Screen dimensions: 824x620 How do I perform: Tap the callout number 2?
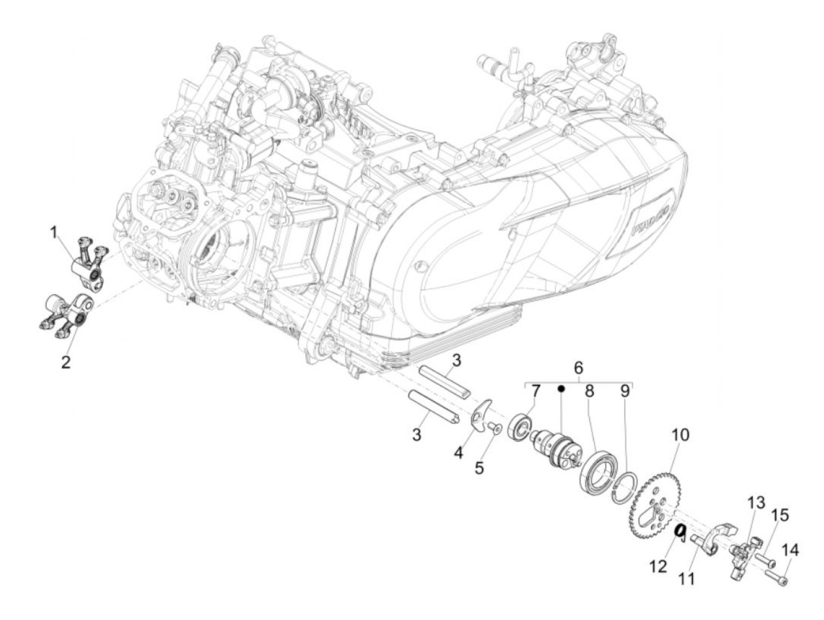click(x=66, y=361)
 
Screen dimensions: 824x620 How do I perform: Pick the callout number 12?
click(x=659, y=566)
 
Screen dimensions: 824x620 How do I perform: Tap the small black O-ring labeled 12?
click(x=679, y=531)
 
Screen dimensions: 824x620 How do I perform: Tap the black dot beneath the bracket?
click(x=561, y=389)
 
